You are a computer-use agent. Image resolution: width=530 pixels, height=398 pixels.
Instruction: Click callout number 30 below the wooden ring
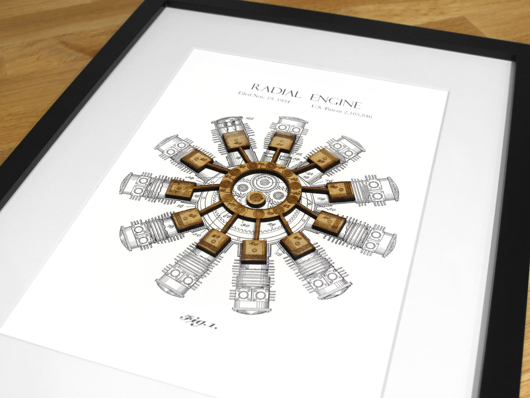[x=245, y=225]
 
